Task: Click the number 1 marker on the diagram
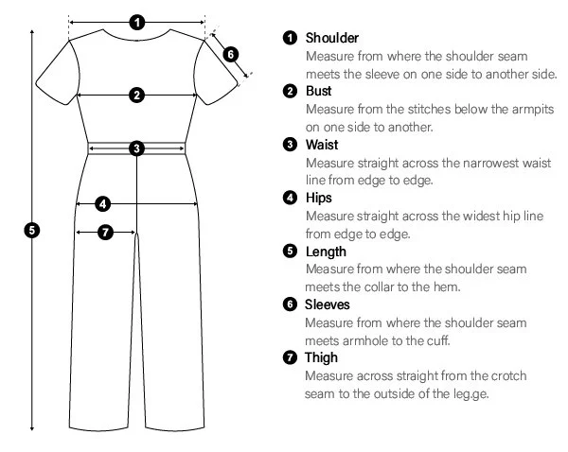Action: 137,23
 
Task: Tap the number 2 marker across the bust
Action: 137,96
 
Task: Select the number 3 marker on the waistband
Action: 137,148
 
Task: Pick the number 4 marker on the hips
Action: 103,204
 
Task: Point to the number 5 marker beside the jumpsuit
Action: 32,231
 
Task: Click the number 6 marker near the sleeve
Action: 231,55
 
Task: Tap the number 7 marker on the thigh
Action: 105,232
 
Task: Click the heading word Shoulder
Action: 332,38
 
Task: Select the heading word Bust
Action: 318,91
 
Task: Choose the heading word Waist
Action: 322,145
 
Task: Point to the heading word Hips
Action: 319,199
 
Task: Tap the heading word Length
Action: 326,252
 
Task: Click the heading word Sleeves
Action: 328,304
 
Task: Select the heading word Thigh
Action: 321,357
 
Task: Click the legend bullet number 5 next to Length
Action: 290,252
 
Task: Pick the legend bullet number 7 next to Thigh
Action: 290,357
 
